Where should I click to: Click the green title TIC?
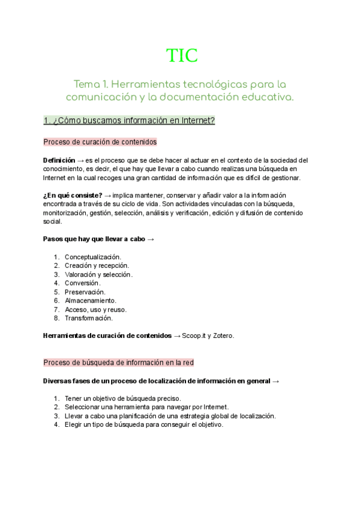tap(182, 55)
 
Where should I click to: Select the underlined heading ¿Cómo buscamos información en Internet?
tap(129, 121)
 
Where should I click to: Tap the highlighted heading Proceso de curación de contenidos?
tap(100, 142)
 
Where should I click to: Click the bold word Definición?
tap(59, 160)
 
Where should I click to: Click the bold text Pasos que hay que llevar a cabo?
tap(94, 239)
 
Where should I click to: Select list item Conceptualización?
tap(92, 257)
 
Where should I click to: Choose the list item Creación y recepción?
tap(97, 266)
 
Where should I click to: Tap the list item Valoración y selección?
tap(98, 274)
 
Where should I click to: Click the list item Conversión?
tap(82, 283)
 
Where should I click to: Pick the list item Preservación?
tap(85, 292)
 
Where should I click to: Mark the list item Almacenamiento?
tap(91, 301)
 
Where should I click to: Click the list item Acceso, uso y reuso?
tap(95, 310)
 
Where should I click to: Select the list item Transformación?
tap(89, 318)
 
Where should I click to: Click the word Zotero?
tap(222, 336)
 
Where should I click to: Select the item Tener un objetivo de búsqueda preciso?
tap(122, 399)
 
